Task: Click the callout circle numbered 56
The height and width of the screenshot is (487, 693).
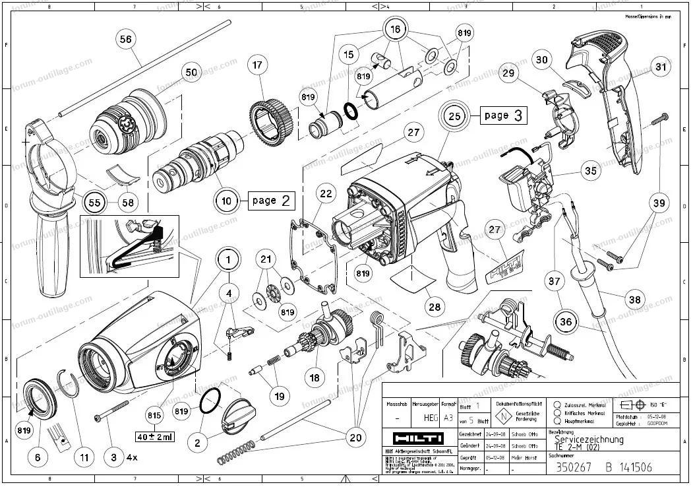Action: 125,40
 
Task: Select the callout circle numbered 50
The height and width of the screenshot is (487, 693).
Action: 191,72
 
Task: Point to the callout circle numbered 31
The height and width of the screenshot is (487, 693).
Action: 660,67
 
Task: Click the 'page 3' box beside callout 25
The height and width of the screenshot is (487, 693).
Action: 503,115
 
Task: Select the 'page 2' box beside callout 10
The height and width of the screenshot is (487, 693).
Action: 270,201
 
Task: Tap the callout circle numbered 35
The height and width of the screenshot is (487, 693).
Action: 590,171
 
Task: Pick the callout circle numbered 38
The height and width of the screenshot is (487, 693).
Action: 634,300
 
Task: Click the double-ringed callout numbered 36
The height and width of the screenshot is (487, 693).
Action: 566,323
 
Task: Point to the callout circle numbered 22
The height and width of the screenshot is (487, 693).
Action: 326,193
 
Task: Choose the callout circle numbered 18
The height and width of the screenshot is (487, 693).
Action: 315,377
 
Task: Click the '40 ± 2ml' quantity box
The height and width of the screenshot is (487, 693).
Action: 154,436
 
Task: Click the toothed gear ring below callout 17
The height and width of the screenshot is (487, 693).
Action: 272,119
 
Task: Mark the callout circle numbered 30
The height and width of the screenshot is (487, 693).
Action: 541,59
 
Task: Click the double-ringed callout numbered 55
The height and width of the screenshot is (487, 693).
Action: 95,203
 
